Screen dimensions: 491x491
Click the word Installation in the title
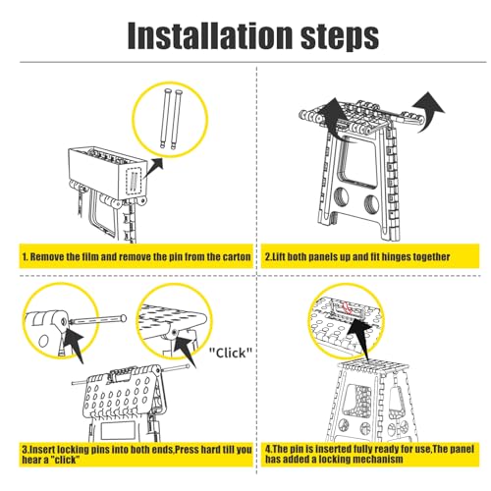tap(210, 35)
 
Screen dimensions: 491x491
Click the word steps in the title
tap(340, 38)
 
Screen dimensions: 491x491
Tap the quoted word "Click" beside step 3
tap(231, 353)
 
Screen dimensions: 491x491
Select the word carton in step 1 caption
tap(237, 257)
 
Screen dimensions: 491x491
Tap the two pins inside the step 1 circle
tap(172, 119)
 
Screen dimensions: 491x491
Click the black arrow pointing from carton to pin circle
tap(153, 168)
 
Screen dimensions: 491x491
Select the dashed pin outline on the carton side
tap(134, 181)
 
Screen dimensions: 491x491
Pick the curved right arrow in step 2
tap(428, 111)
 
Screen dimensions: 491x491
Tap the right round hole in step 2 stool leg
tap(371, 204)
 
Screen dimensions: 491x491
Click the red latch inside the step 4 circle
tap(347, 308)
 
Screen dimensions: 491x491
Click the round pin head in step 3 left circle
tap(123, 318)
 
